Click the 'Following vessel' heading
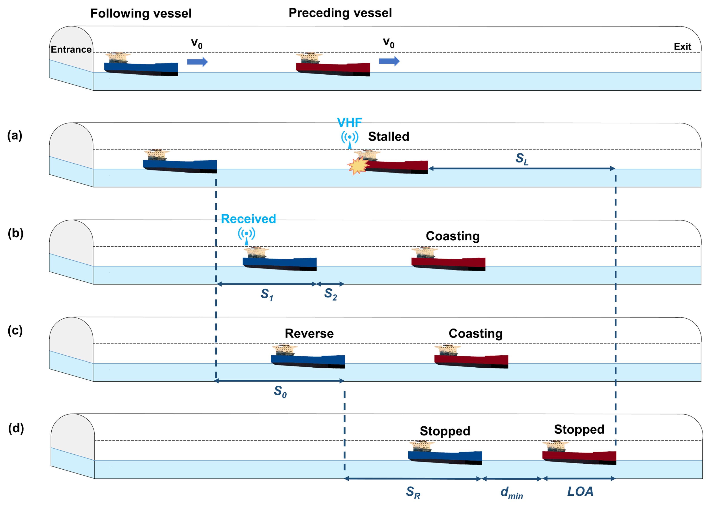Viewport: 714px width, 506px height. click(x=141, y=13)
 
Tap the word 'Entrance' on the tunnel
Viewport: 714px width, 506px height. click(x=71, y=49)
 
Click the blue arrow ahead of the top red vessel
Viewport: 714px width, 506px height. click(x=389, y=61)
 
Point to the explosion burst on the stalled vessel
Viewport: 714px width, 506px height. click(x=358, y=166)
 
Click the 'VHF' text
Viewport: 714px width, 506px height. click(x=349, y=123)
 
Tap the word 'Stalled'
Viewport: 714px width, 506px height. click(x=389, y=136)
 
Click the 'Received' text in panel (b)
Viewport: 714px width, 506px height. click(x=248, y=219)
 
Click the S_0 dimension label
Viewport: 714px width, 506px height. click(x=280, y=391)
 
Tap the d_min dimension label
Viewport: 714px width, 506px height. click(x=511, y=493)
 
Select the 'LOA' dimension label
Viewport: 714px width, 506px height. click(x=580, y=492)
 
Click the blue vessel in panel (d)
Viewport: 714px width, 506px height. click(x=445, y=457)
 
